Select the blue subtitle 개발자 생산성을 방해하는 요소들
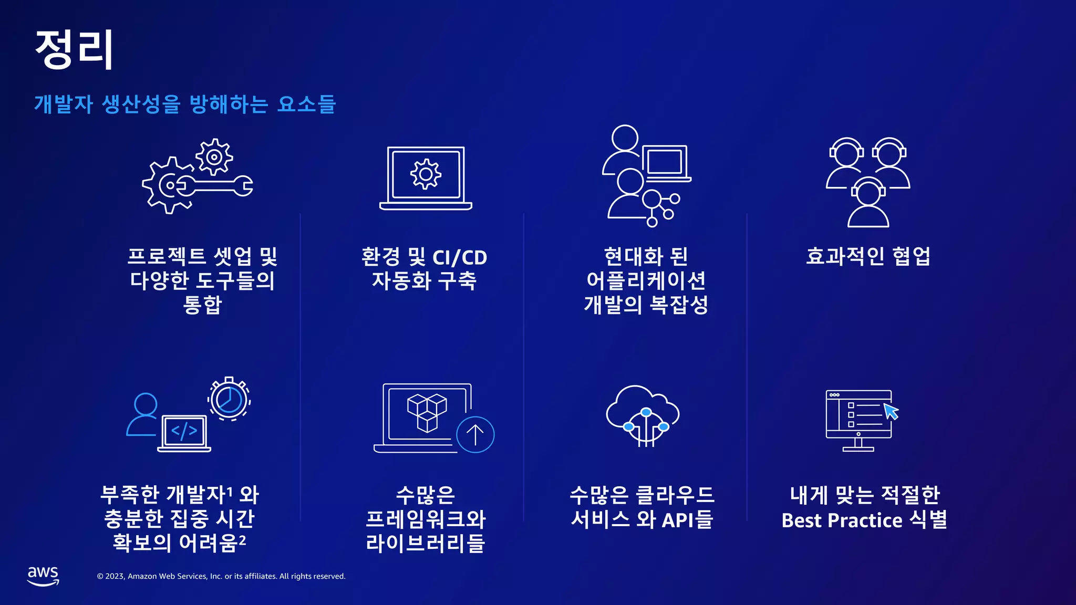pyautogui.click(x=184, y=104)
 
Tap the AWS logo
pyautogui.click(x=43, y=576)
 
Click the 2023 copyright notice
pyautogui.click(x=221, y=576)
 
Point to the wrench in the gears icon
pyautogui.click(x=215, y=185)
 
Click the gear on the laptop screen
pyautogui.click(x=426, y=174)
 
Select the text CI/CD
pyautogui.click(x=460, y=257)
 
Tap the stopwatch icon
pyautogui.click(x=229, y=399)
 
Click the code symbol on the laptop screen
pyautogui.click(x=184, y=431)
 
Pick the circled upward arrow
pyautogui.click(x=475, y=434)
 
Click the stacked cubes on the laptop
pyautogui.click(x=427, y=413)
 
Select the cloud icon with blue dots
pyautogui.click(x=643, y=415)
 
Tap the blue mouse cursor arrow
pyautogui.click(x=891, y=411)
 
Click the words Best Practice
pyautogui.click(x=842, y=520)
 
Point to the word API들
pyautogui.click(x=687, y=519)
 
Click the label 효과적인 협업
pyautogui.click(x=868, y=256)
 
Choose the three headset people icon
pyautogui.click(x=868, y=182)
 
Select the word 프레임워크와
pyautogui.click(x=426, y=519)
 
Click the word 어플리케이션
pyautogui.click(x=646, y=280)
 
